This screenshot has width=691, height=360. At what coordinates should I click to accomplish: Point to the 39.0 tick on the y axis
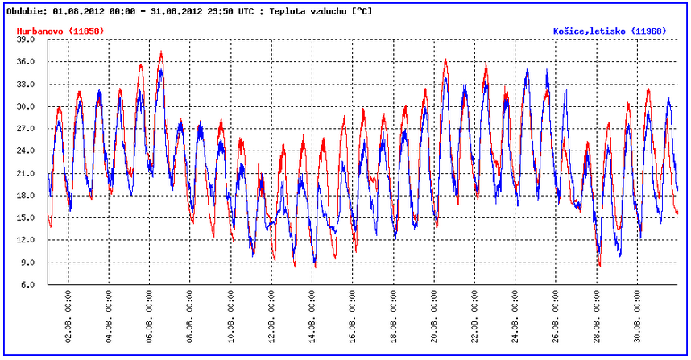coord(25,39)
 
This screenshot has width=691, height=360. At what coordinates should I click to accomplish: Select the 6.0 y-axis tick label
coord(27,285)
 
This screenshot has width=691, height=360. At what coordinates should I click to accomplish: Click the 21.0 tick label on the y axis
coord(25,173)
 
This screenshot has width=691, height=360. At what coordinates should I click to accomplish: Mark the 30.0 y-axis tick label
coord(25,106)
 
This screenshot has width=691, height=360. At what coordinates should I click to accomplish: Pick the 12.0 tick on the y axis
coord(25,240)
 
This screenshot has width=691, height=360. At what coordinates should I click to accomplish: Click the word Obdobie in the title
coord(26,12)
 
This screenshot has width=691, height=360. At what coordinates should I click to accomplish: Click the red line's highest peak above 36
coord(161,52)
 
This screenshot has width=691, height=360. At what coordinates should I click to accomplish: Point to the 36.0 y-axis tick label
coord(25,62)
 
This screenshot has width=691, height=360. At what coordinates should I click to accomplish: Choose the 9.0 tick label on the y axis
coord(27,263)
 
